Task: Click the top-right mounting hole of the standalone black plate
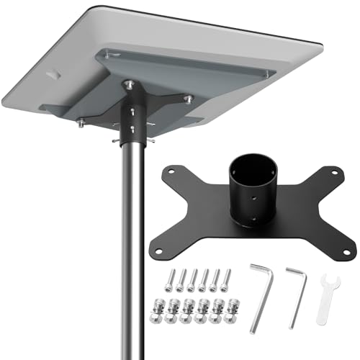pyautogui.click(x=333, y=173)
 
